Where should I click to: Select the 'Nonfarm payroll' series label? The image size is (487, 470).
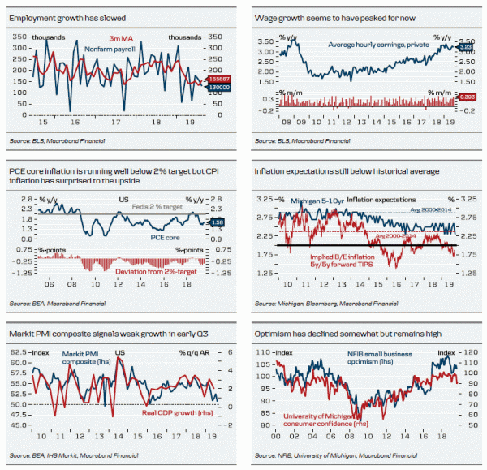pyautogui.click(x=111, y=50)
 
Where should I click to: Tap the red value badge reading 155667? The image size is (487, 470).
pyautogui.click(x=220, y=79)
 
